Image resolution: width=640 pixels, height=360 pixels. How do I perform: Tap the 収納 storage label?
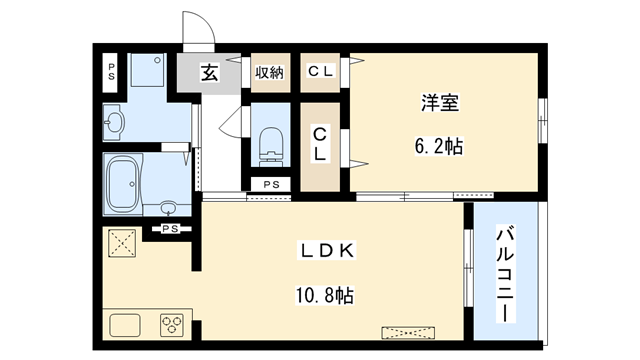click(x=268, y=72)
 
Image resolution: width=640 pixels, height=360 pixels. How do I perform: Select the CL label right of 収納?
click(x=320, y=71)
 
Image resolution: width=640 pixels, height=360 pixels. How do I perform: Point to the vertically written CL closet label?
click(x=320, y=146)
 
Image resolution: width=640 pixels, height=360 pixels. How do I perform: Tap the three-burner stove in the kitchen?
click(x=172, y=326)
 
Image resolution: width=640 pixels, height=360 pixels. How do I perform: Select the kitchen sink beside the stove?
click(x=127, y=326)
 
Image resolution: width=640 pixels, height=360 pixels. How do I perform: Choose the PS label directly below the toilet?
click(x=271, y=186)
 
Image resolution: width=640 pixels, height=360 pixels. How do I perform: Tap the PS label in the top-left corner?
click(x=111, y=71)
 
